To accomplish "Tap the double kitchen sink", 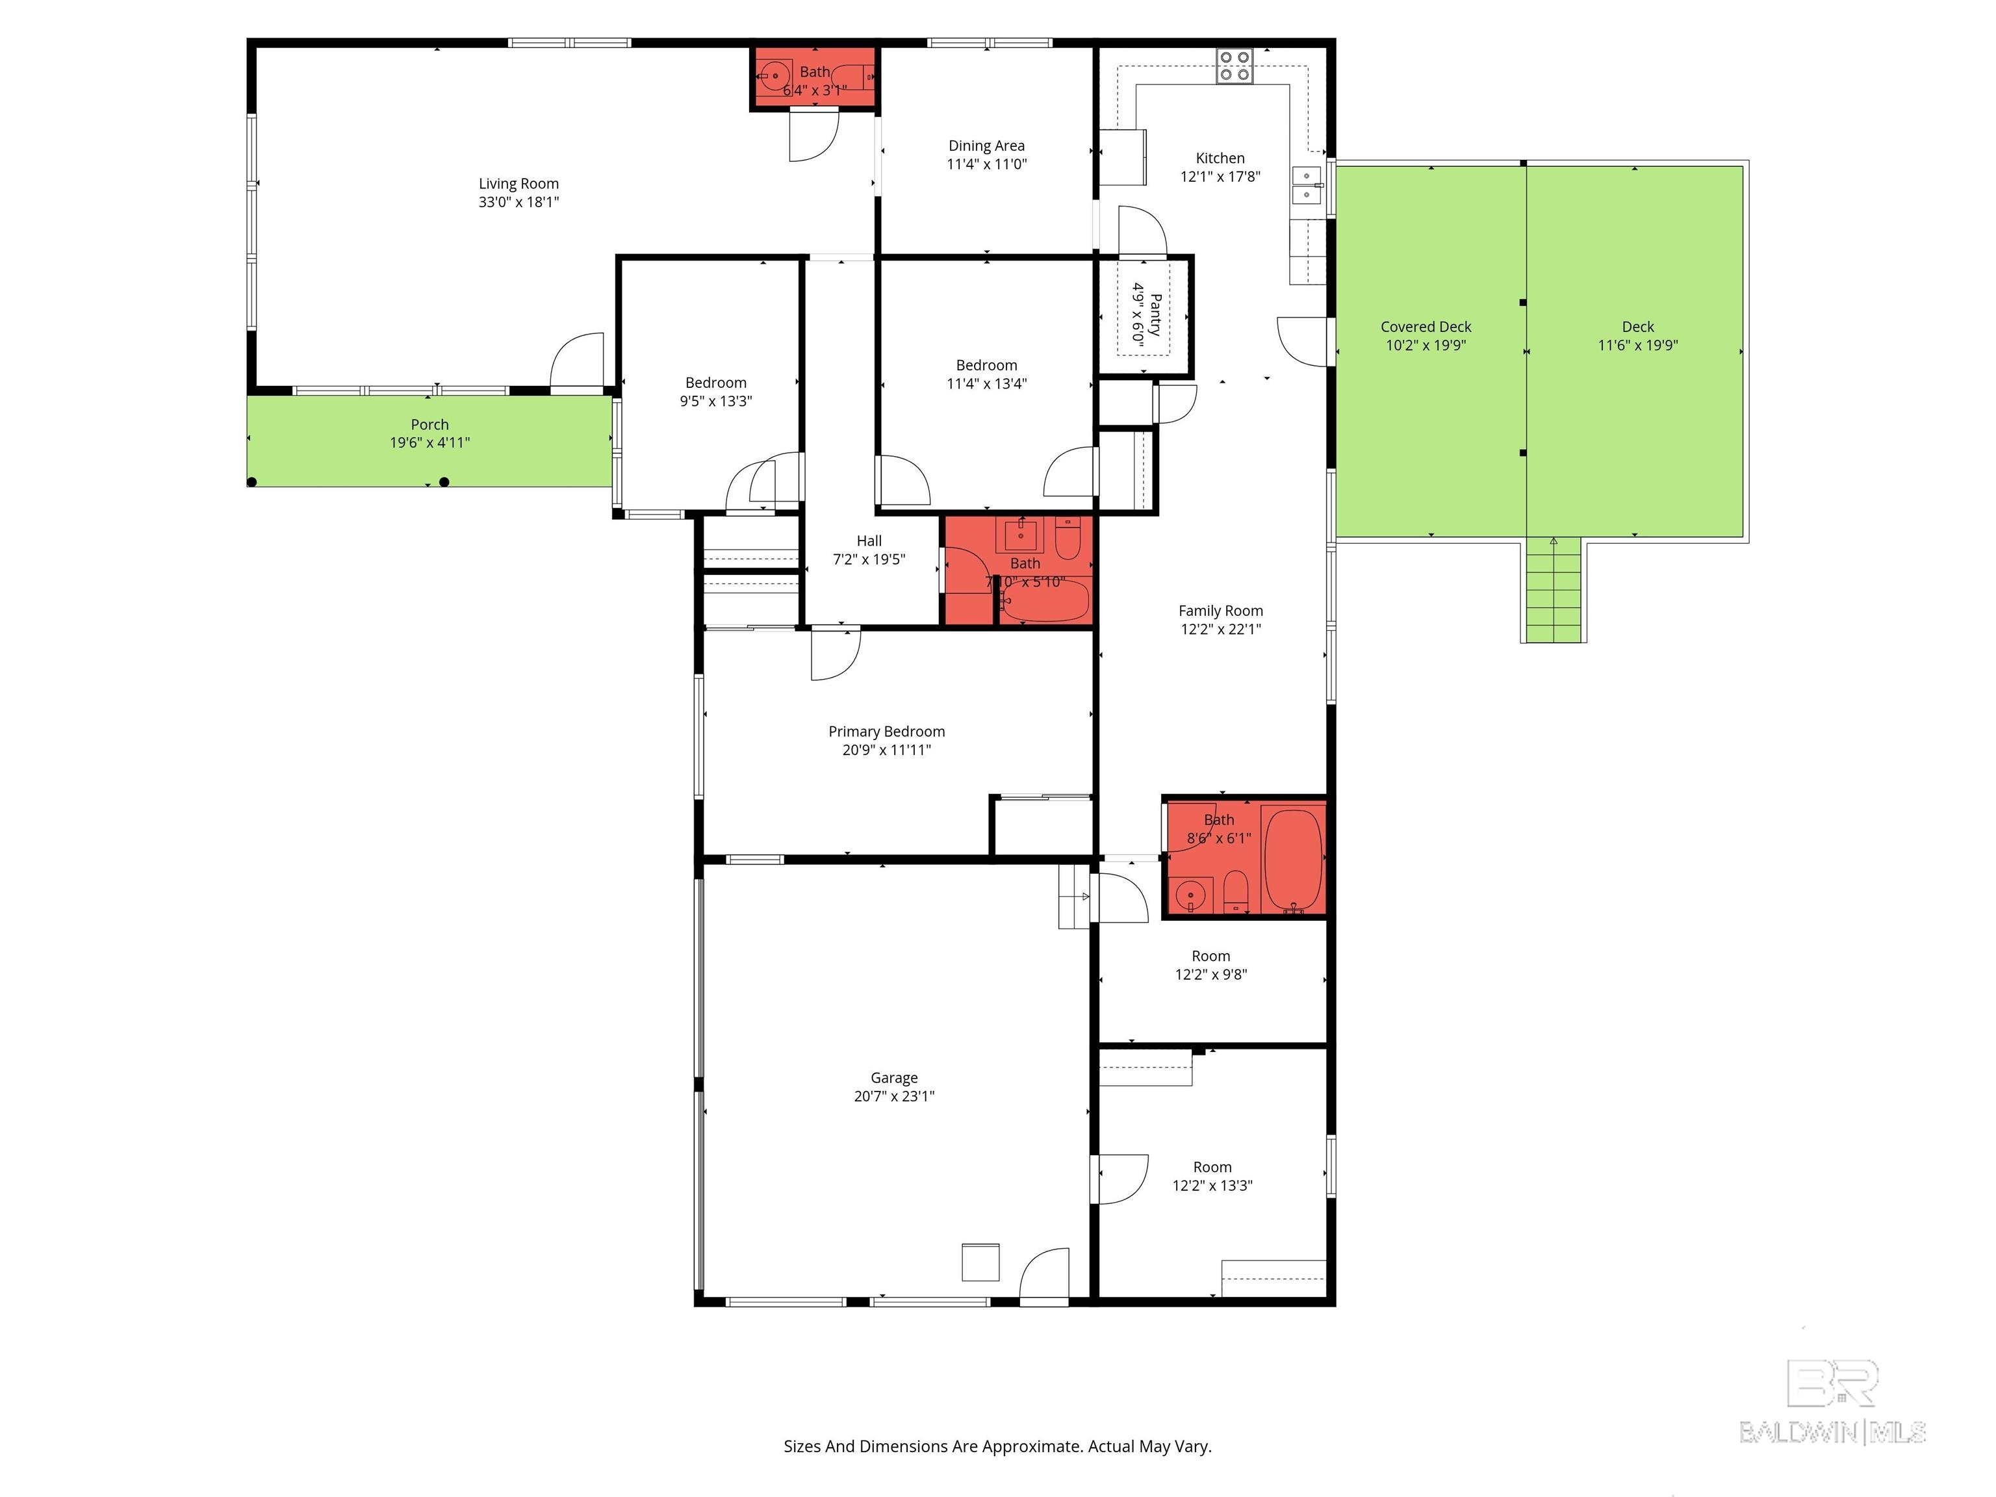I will coord(1306,185).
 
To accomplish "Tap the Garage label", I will coord(893,1077).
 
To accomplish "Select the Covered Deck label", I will coord(1425,327).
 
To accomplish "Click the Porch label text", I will coord(429,424).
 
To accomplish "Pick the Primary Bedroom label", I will coord(886,731).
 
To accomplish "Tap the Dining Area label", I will coord(986,146).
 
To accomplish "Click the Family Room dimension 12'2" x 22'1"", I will coord(1220,629).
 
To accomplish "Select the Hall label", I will coord(868,541).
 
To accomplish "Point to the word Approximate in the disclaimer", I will coord(1030,1446).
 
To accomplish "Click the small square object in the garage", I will coord(980,1262).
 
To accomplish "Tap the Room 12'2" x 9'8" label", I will coord(1210,956).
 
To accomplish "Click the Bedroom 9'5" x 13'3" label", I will coord(715,383).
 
